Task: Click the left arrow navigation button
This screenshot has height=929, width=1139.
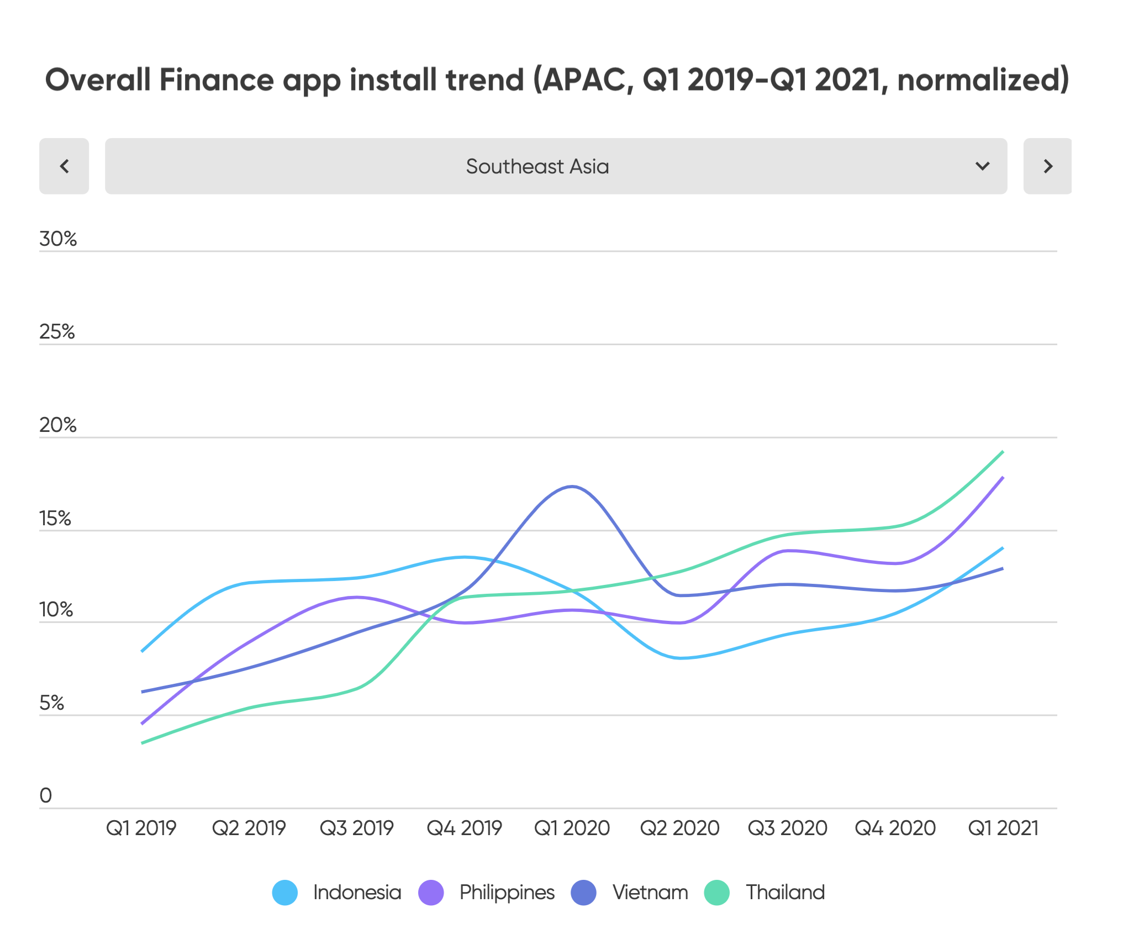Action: coord(64,166)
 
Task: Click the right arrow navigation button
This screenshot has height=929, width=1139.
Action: coord(1047,166)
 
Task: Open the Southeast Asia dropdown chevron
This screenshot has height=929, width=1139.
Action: coord(982,166)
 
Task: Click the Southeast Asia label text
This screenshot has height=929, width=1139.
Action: coord(537,166)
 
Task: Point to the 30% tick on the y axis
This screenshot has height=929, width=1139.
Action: coord(57,239)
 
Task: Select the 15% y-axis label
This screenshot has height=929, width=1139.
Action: coord(55,519)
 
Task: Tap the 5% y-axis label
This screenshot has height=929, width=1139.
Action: coord(51,703)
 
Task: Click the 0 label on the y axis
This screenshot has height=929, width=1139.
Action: coord(46,795)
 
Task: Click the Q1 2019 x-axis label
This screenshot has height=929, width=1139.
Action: coord(141,828)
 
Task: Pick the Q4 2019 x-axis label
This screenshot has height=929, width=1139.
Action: coord(464,828)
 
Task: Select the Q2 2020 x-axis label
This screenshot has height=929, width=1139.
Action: coord(679,828)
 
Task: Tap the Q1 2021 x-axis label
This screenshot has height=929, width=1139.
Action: coord(1003,828)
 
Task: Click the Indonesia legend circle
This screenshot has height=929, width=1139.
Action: coord(285,893)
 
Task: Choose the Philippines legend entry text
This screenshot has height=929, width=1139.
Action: coord(507,893)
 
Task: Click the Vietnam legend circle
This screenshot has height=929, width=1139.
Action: coord(583,893)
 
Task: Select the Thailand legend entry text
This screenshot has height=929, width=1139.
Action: coord(785,893)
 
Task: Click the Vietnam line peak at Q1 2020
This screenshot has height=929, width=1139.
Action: coord(572,487)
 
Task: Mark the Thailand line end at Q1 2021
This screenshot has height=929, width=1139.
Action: coord(1003,452)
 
